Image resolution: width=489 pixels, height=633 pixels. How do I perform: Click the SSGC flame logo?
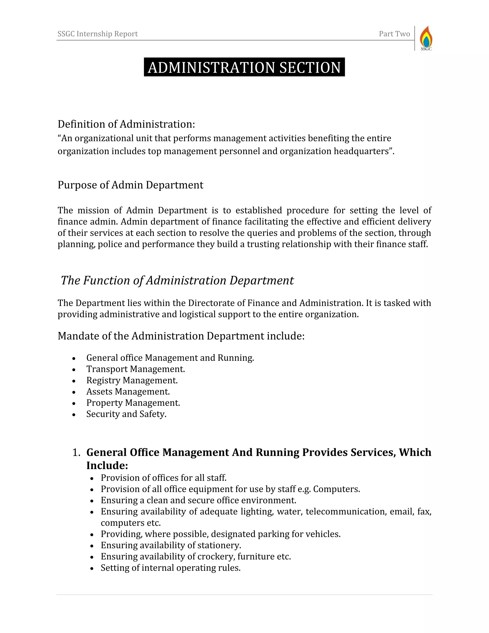[x=426, y=38]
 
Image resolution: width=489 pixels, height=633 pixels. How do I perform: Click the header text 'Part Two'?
[x=394, y=34]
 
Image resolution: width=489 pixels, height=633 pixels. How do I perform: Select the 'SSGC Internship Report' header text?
[x=97, y=34]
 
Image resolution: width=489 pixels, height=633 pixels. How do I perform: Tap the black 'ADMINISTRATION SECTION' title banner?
[x=244, y=67]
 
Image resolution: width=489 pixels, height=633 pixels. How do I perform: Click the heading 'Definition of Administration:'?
[x=126, y=124]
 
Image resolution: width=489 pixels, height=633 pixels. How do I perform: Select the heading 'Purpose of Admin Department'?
[x=130, y=185]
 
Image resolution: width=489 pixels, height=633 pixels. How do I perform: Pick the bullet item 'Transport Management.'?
[x=136, y=369]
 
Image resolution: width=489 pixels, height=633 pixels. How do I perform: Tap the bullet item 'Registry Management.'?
[x=132, y=380]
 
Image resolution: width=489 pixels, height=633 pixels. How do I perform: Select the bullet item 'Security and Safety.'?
[x=126, y=414]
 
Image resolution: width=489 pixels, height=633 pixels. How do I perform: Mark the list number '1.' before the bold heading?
[x=76, y=452]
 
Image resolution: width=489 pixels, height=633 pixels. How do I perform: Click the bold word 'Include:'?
[x=107, y=466]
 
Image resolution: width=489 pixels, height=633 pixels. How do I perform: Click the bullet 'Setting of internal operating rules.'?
[x=171, y=568]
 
